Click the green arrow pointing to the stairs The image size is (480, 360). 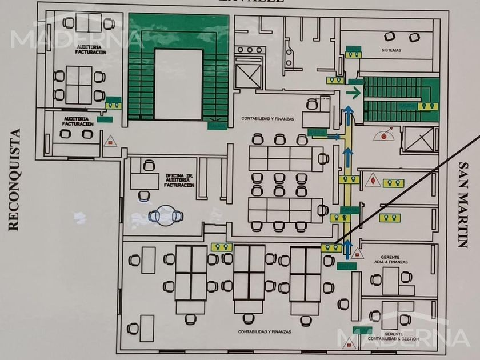pyautogui.click(x=354, y=91)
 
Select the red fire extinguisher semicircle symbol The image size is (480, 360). pyautogui.click(x=384, y=135)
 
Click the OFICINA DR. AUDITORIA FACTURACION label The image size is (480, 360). pyautogui.click(x=179, y=180)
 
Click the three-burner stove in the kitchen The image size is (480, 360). pyautogui.click(x=249, y=50)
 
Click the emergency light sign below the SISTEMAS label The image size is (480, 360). pyautogui.click(x=353, y=54)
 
